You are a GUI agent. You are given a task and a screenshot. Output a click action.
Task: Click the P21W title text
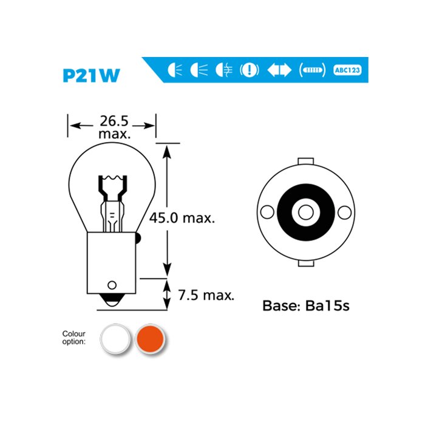pos(91,75)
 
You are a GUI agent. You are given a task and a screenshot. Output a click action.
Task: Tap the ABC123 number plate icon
pos(350,70)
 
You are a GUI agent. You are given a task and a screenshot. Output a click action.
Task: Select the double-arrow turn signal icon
pos(279,70)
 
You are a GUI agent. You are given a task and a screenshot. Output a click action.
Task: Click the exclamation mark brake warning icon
pos(250,70)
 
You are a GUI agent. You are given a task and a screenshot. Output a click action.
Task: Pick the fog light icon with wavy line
pos(223,70)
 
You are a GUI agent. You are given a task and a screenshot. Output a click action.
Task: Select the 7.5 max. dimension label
pos(206,296)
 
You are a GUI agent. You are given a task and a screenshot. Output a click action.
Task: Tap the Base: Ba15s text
pos(305,305)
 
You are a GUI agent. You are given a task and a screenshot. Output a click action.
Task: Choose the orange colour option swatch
pos(148,338)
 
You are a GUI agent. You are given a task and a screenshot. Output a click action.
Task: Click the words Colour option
pos(74,338)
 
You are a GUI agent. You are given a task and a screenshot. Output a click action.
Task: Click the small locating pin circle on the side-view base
pos(112,285)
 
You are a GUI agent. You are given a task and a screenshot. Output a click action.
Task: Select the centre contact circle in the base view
pos(305,213)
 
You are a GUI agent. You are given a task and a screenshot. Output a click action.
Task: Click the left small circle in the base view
pos(266,212)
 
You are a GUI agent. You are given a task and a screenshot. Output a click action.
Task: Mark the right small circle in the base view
pos(345,212)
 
